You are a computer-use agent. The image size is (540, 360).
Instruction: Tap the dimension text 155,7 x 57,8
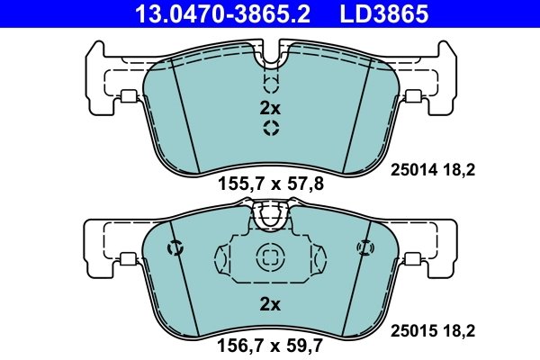click(271, 186)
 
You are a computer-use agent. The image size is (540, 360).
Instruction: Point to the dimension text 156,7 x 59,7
click(271, 343)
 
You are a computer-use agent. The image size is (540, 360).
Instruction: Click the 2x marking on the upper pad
click(270, 107)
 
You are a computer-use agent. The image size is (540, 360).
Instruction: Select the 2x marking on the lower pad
click(270, 304)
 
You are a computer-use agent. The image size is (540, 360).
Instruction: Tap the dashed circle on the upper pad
click(270, 129)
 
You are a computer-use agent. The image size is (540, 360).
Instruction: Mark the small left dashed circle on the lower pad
click(176, 247)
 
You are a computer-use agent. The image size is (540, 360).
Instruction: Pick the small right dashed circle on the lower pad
click(364, 247)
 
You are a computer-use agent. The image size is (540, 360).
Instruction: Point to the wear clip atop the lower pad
click(270, 216)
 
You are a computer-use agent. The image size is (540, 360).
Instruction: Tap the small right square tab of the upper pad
click(413, 98)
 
